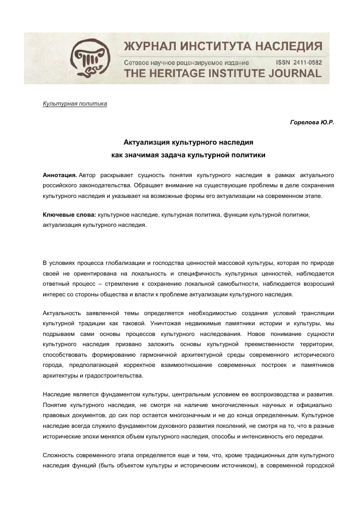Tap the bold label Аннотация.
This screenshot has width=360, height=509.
pos(59,175)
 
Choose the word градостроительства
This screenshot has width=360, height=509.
pos(117,376)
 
